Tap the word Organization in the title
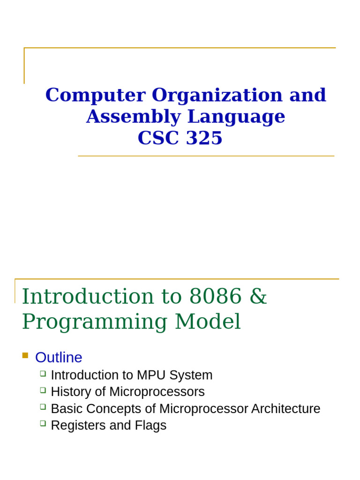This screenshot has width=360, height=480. point(217,95)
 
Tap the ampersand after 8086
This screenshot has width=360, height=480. point(258,296)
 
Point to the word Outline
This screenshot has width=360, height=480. point(59,358)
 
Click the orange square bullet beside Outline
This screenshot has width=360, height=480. point(25,355)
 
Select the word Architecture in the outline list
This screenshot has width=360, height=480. point(286,409)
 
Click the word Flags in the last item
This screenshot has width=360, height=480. point(151,426)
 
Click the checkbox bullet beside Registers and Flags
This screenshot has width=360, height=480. point(43,423)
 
